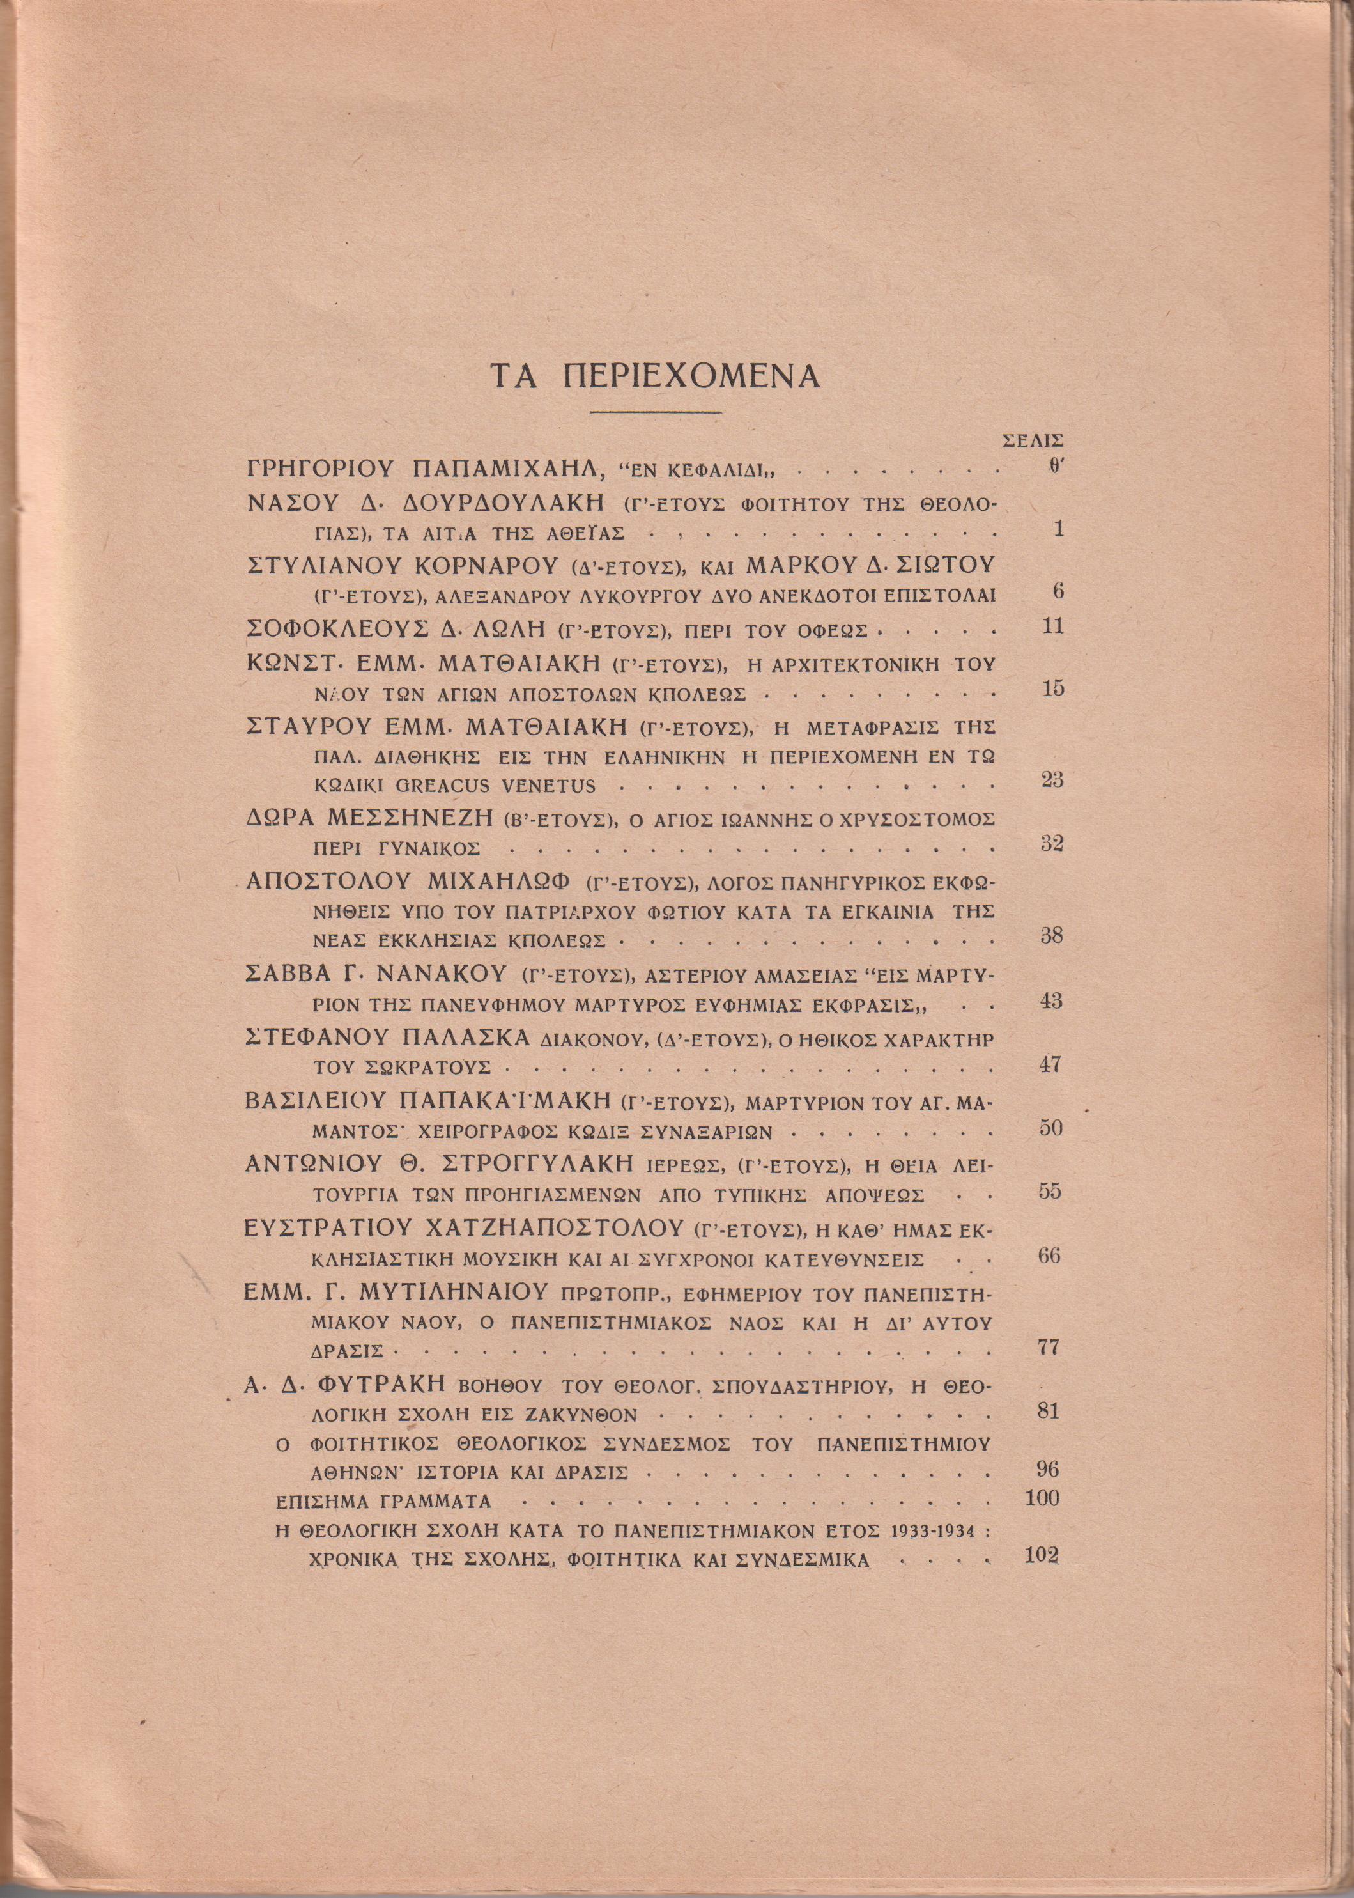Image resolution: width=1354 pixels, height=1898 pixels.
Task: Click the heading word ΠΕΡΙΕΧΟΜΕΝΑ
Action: (x=692, y=377)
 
